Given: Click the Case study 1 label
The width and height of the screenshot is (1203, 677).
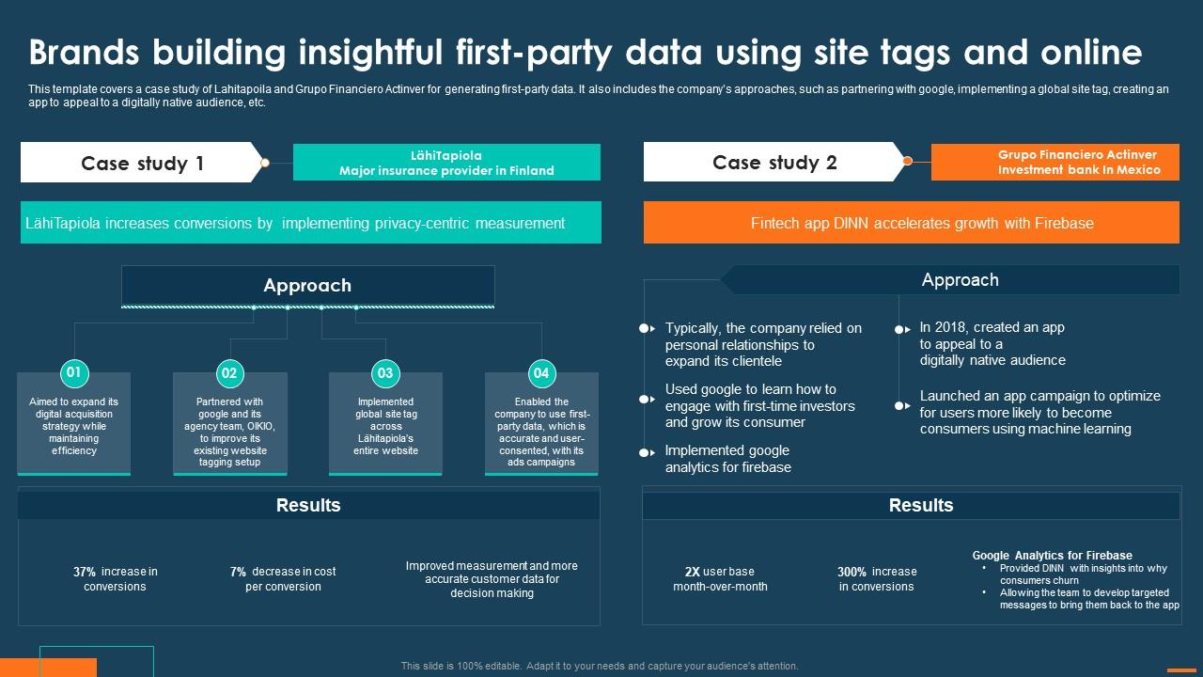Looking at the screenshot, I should [142, 164].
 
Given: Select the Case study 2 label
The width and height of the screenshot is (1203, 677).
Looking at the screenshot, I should [774, 163].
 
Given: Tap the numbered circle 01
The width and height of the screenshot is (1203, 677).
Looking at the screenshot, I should [73, 372].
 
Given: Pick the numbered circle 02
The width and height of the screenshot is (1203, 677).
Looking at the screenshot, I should [229, 373].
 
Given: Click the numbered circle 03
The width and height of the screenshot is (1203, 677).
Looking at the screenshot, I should [385, 373].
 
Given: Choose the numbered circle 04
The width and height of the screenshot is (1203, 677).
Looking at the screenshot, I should [541, 373].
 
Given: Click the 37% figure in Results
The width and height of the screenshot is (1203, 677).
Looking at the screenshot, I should [85, 572].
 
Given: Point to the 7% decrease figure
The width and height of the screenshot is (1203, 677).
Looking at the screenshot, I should [238, 572].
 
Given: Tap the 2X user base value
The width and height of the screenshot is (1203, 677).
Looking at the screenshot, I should [692, 572].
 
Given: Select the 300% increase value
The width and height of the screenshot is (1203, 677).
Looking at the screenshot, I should [851, 572].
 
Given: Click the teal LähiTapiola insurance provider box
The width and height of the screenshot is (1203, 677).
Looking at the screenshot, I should [446, 163].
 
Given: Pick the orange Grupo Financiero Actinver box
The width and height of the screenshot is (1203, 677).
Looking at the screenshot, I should [1055, 162].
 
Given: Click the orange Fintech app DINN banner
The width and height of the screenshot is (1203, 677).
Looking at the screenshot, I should [911, 223].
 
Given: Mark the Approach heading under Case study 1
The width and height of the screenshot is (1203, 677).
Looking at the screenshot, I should [307, 286].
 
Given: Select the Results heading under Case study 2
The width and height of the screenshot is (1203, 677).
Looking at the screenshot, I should [920, 505].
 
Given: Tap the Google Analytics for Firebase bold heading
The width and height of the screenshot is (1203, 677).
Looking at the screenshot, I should [1052, 556].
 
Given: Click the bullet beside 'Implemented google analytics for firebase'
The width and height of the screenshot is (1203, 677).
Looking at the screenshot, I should [646, 453].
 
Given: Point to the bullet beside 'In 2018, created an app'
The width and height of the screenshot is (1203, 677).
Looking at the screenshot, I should [900, 330].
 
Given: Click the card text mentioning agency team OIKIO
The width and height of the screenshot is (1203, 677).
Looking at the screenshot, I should [229, 432].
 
